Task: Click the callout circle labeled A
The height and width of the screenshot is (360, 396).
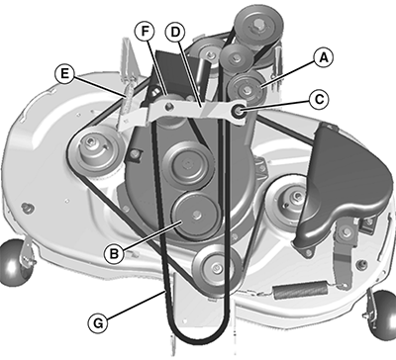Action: (323, 58)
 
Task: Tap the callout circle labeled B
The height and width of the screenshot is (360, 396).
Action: (114, 254)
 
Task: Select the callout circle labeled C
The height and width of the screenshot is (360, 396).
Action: (319, 99)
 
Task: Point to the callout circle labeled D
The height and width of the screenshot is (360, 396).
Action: (175, 32)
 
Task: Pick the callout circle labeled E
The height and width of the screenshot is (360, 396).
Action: (64, 73)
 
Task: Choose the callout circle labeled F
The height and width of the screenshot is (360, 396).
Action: (145, 32)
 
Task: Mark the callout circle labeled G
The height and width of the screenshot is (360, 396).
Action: (98, 323)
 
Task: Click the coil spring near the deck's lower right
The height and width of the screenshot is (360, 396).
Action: (301, 291)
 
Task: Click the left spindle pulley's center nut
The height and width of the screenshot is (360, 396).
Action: (91, 142)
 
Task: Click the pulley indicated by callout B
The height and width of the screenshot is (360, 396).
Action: (195, 216)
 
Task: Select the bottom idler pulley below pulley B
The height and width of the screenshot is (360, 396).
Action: (216, 267)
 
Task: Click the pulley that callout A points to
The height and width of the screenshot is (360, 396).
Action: (246, 88)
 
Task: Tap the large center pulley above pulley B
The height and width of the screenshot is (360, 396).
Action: (188, 165)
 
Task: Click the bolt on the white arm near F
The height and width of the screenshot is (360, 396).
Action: (169, 106)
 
